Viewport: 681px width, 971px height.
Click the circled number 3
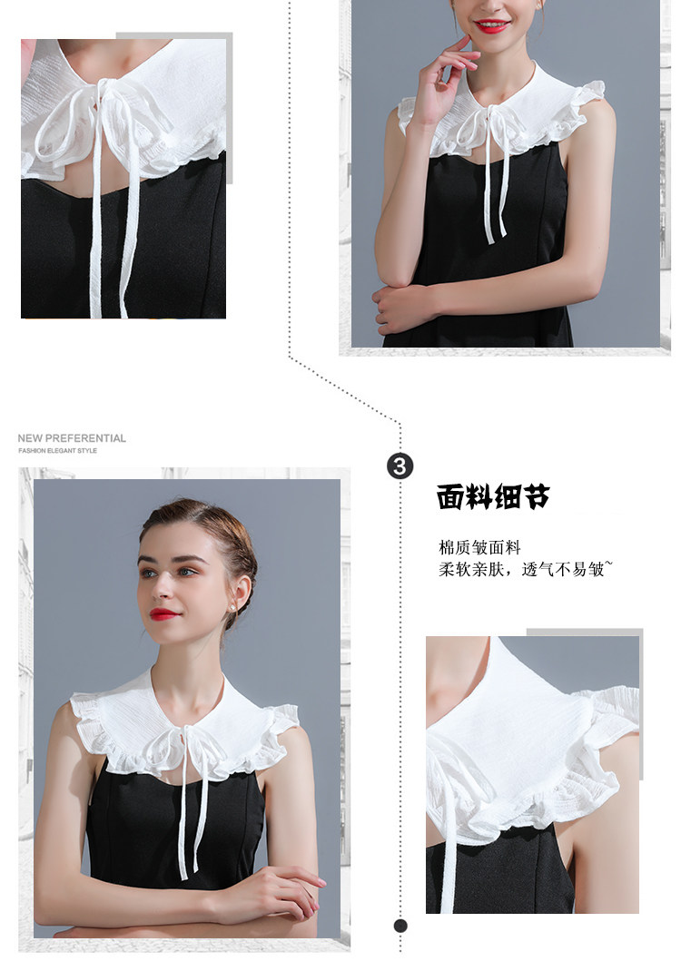tap(400, 466)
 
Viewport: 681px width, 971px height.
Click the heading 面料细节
tap(493, 496)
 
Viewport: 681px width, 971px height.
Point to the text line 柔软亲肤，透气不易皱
tap(526, 569)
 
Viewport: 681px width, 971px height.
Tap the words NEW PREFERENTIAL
tap(72, 437)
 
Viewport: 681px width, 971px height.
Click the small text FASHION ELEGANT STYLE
tap(57, 451)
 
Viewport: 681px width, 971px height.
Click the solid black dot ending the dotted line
tap(400, 926)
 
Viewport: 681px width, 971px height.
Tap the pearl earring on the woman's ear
tap(233, 609)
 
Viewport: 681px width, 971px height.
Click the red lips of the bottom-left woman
tap(163, 613)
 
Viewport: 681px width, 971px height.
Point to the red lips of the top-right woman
tap(492, 26)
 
